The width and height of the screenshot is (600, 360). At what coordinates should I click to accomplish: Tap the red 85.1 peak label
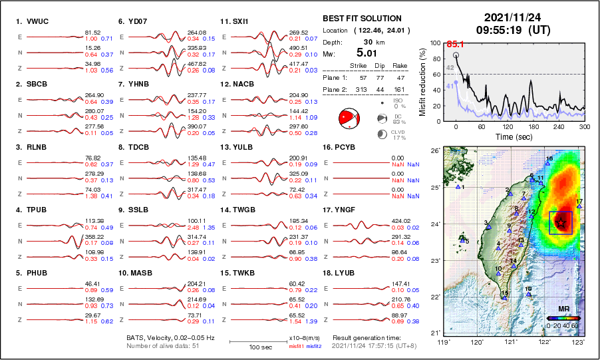455,43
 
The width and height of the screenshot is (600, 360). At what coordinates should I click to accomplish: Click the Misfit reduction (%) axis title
423,81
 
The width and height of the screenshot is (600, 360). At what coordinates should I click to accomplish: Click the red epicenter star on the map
561,222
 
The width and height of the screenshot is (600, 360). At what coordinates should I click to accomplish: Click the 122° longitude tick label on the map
544,341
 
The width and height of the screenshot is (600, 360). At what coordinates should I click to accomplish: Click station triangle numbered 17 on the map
579,206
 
